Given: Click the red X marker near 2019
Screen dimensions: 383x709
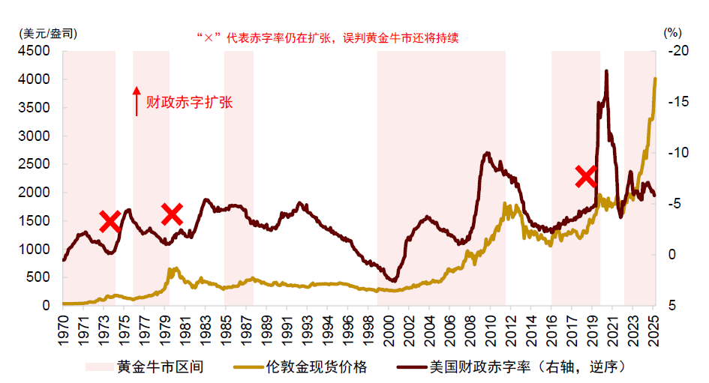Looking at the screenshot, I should click(x=586, y=176).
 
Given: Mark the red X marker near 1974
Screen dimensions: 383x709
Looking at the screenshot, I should click(x=110, y=220).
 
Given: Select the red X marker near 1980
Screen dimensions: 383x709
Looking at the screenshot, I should click(x=173, y=214).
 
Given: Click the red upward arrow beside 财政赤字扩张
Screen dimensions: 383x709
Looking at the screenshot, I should click(x=137, y=101).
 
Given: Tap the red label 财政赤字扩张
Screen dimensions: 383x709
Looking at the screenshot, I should click(x=189, y=102).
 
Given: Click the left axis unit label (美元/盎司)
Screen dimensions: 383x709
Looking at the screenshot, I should click(x=44, y=33).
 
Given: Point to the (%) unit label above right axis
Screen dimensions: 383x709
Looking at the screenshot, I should click(x=672, y=33).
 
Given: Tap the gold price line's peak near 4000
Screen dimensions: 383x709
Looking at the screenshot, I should click(x=655, y=79).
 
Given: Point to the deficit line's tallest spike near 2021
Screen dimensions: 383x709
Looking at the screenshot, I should click(x=605, y=72).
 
